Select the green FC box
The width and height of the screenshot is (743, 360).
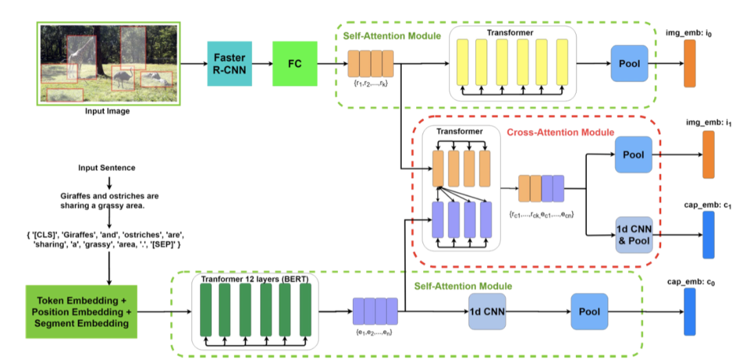pos(295,63)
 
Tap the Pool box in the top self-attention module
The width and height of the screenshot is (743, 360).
pos(629,64)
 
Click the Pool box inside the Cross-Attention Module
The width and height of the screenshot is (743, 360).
pos(634,154)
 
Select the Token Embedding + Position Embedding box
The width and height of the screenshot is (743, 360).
pos(80,310)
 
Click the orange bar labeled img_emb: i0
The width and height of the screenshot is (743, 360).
pos(689,63)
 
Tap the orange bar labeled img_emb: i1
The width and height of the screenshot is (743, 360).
pos(709,154)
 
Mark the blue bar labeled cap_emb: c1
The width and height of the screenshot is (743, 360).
pos(709,235)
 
